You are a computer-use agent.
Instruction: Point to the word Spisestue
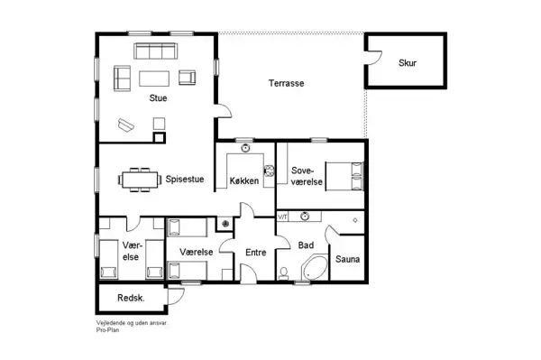pos(184,179)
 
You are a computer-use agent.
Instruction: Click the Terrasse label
pos(286,83)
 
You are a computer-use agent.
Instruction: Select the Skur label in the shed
pos(408,62)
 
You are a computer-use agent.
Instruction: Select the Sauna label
pos(348,260)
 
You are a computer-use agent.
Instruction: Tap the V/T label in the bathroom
pos(282,217)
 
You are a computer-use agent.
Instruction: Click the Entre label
pos(256,254)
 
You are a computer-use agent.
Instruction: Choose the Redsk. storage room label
pos(132,298)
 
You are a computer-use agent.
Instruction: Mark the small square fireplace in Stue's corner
pos(160,137)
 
